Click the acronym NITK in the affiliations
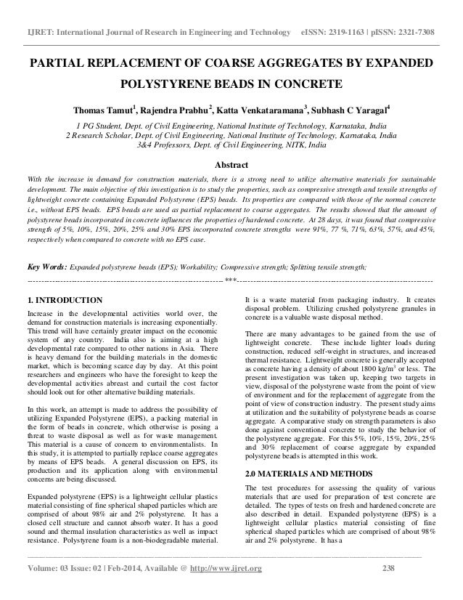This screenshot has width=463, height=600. point(292,145)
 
